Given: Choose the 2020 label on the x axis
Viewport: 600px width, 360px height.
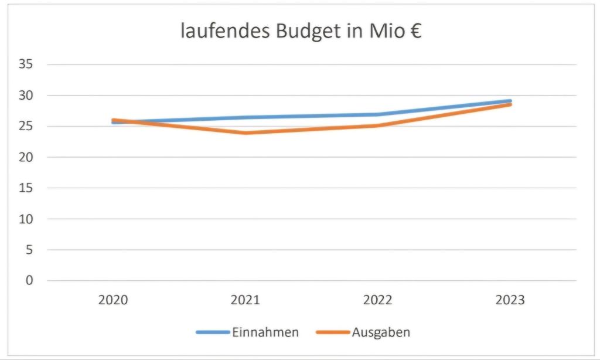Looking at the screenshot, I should pos(113,300).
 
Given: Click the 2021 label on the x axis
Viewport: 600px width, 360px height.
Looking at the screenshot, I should pos(245,300).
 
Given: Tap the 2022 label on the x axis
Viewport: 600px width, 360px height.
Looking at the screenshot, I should pos(377,300).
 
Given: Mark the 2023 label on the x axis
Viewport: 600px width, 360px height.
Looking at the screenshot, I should pos(510,300).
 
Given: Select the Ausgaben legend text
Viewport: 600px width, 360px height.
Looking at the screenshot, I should pos(381,332).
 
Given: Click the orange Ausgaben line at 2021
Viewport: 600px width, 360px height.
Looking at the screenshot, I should pos(245,133).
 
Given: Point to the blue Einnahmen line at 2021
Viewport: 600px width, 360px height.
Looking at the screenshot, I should pos(245,117).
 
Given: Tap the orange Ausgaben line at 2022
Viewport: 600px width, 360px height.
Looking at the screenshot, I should pos(377,125).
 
